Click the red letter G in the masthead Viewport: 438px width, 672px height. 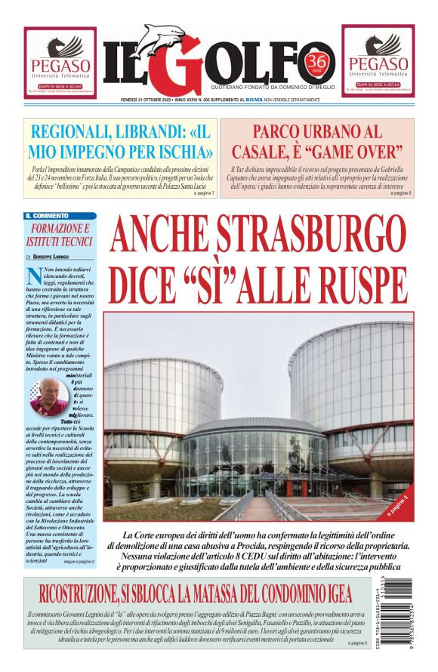pyautogui.click(x=178, y=66)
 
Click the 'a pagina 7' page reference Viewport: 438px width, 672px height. pyautogui.click(x=205, y=193)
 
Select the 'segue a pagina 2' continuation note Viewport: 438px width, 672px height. pyautogui.click(x=79, y=562)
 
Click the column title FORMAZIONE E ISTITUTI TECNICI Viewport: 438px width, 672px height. pyautogui.click(x=60, y=235)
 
